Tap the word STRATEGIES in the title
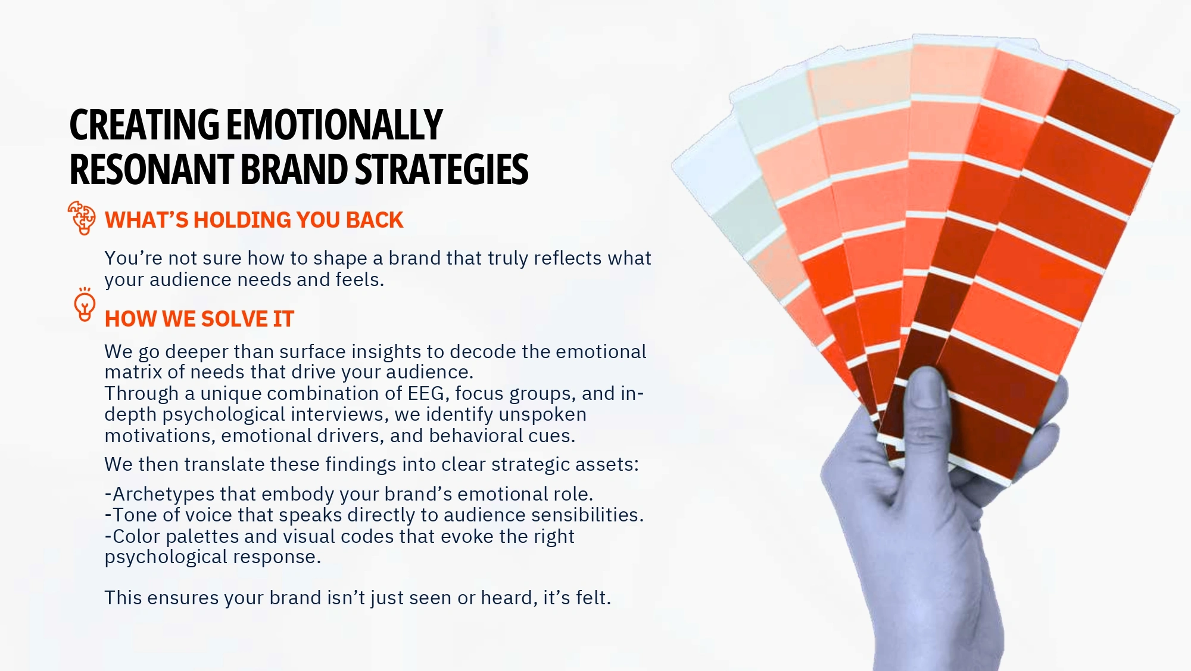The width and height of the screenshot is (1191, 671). [441, 169]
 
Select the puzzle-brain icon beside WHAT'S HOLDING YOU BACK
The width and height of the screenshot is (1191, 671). [82, 218]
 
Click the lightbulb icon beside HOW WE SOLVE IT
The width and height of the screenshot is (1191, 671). [85, 305]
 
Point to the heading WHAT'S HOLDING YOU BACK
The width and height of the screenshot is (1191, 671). [254, 220]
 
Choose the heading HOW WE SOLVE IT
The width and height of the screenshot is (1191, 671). [199, 319]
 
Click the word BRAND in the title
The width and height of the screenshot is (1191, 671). [294, 169]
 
